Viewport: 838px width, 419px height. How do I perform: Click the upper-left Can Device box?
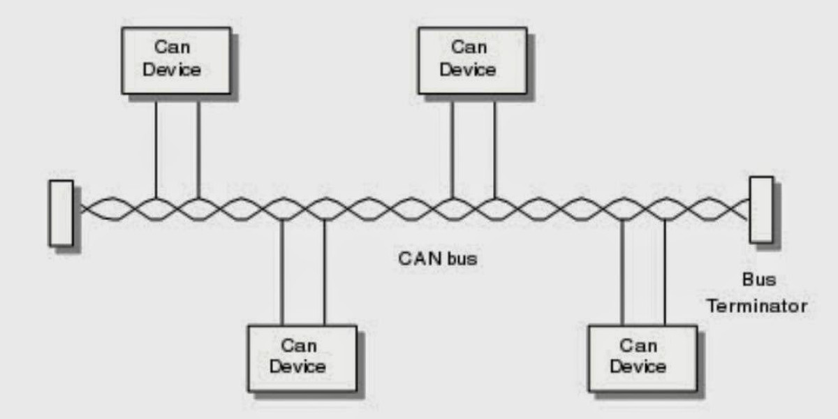tap(175, 60)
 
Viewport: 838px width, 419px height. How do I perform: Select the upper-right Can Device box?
tap(472, 60)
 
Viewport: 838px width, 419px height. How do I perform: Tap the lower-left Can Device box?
tap(302, 357)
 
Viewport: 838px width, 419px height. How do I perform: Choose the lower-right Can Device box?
tap(642, 357)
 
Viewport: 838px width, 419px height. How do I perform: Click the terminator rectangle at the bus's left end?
tap(61, 213)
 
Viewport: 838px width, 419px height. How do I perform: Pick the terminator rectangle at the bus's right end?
tap(760, 209)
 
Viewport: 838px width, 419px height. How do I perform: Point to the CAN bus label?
tap(437, 259)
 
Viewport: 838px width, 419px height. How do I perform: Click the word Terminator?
tap(756, 306)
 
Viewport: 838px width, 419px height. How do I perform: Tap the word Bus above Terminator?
tap(758, 281)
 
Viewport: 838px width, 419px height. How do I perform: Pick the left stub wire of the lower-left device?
tap(281, 272)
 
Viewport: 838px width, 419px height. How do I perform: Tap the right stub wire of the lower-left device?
tap(324, 272)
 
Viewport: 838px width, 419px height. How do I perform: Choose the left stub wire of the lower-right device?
tap(622, 272)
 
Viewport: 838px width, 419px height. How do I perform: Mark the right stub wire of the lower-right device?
tap(664, 272)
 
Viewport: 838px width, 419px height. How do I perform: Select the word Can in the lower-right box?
tap(638, 346)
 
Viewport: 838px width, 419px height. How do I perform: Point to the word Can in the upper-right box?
tap(469, 47)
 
